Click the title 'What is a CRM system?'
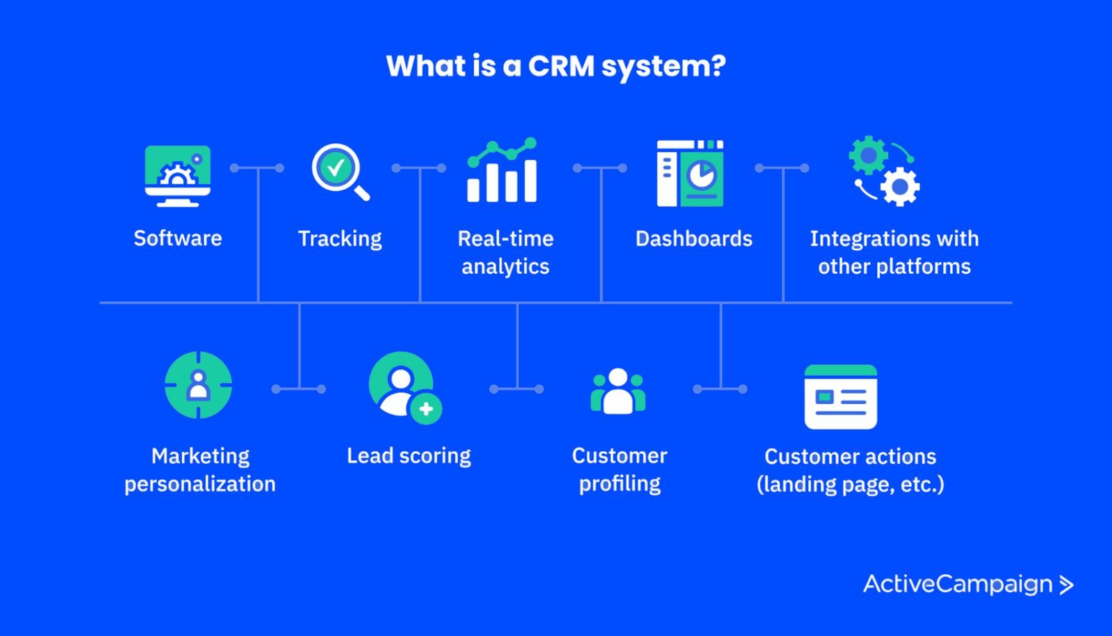click(556, 66)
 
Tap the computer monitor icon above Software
click(178, 175)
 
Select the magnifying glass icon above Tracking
click(339, 171)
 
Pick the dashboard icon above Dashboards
click(690, 173)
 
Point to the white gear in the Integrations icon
click(901, 186)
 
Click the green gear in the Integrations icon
click(868, 155)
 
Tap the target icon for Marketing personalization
click(198, 385)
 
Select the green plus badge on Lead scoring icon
click(426, 409)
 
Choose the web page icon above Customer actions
click(840, 397)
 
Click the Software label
click(178, 238)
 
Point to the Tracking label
click(340, 239)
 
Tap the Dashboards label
click(694, 239)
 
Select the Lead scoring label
click(409, 456)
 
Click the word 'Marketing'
click(200, 456)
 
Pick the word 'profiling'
click(620, 484)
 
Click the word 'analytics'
click(505, 267)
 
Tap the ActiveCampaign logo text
click(958, 585)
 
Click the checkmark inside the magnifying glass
click(336, 167)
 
